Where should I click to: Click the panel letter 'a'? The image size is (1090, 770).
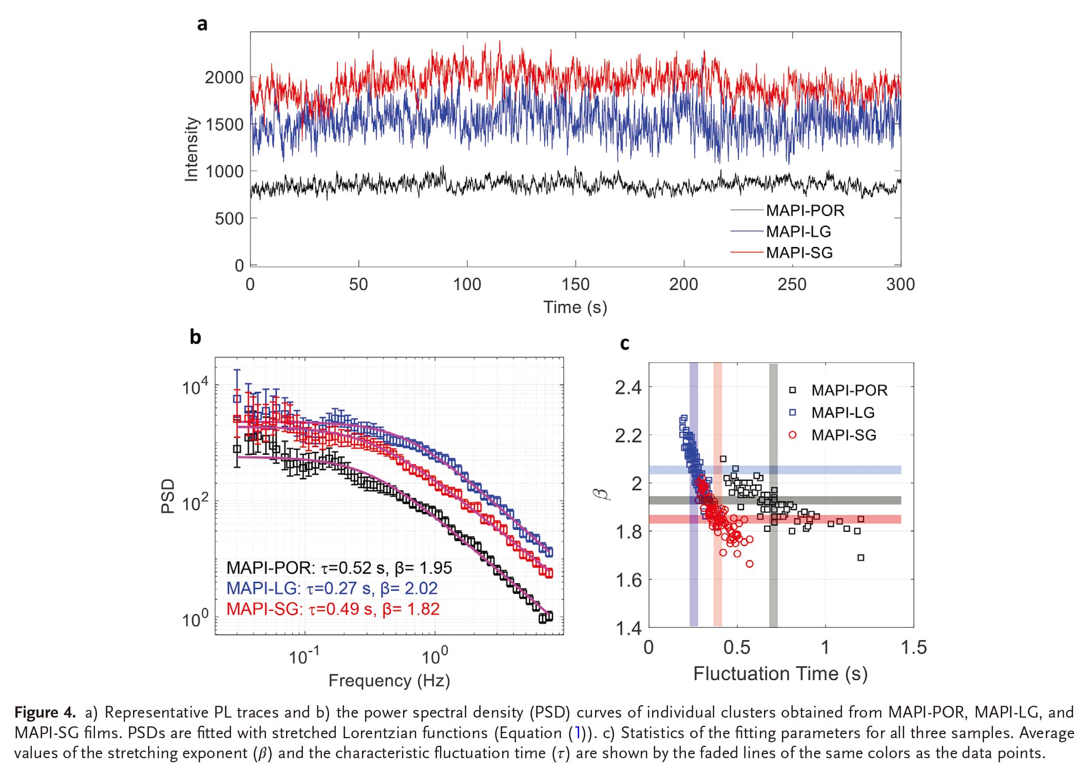click(202, 24)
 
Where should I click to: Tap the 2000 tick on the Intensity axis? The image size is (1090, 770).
click(224, 78)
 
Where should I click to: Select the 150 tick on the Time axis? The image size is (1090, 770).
click(575, 284)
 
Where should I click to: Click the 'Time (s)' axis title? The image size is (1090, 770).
click(575, 307)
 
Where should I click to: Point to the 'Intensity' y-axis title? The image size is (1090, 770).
click(191, 149)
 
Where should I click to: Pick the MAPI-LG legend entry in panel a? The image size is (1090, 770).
click(798, 232)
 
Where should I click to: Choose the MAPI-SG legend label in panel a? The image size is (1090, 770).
click(799, 253)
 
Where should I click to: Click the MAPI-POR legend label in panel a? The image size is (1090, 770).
click(805, 210)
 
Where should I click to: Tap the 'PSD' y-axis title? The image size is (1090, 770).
click(168, 496)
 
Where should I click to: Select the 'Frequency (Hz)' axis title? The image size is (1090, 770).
click(389, 680)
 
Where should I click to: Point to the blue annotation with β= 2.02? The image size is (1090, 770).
click(332, 588)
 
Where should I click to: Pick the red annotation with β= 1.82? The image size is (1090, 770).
click(333, 609)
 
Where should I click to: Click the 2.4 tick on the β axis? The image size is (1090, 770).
click(628, 388)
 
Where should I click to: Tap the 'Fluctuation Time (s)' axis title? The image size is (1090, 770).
click(780, 673)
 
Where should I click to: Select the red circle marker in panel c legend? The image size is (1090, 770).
click(793, 435)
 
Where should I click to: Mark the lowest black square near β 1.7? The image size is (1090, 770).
click(861, 557)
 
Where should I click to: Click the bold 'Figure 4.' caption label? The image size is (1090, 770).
click(45, 713)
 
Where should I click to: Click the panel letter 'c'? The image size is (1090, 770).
click(624, 343)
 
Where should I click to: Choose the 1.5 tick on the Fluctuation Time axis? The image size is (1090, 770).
click(913, 647)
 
